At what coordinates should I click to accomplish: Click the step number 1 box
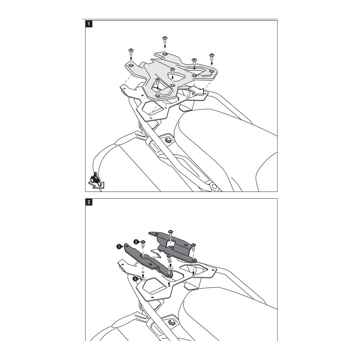(89, 24)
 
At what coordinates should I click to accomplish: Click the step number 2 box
(89, 202)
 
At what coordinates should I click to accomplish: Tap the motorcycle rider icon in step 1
(96, 180)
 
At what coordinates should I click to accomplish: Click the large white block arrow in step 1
(197, 91)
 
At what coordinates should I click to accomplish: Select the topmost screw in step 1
(165, 40)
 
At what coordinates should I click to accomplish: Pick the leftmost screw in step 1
(131, 51)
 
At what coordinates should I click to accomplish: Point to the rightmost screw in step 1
(211, 57)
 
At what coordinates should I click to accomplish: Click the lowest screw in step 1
(158, 81)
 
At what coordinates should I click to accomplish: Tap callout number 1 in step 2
(119, 247)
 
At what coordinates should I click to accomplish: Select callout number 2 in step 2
(136, 242)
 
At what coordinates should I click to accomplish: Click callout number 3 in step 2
(136, 279)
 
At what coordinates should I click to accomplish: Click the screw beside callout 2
(143, 243)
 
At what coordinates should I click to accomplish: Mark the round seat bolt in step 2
(171, 322)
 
